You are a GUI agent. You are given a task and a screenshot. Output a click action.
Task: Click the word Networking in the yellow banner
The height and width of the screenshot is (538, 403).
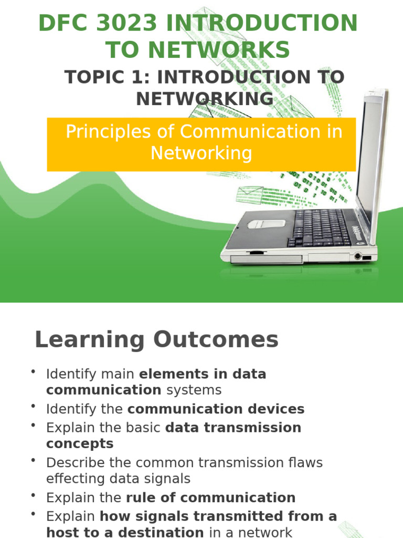pos(201,153)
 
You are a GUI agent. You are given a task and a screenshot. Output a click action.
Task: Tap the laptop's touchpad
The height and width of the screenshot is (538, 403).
pos(266,223)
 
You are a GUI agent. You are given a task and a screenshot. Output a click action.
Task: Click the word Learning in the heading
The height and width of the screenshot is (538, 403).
pos(89,340)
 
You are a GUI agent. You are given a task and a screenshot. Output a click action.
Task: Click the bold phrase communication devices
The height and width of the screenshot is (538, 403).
pos(216,409)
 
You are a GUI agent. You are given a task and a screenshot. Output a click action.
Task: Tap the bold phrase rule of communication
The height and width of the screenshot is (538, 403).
pos(210,498)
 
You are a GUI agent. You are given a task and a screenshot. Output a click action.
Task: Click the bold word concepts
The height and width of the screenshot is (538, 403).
pos(80,443)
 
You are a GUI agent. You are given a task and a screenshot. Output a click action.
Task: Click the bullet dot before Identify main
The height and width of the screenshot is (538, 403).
pos(34,372)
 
